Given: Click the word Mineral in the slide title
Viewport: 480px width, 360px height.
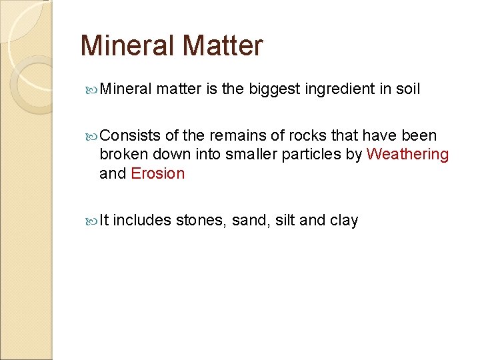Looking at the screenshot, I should tap(126, 46).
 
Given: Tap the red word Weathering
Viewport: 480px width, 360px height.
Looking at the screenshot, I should tap(408, 154).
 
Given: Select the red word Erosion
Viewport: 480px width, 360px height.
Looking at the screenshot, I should tap(157, 173).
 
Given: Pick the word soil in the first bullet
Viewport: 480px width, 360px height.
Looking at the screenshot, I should tap(408, 89).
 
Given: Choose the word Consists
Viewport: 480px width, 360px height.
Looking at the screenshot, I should tap(129, 135).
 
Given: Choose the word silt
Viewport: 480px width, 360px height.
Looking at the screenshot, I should tap(285, 220).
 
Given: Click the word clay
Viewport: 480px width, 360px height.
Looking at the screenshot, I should tap(344, 220).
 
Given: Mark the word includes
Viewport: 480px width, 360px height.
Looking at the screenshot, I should tap(142, 220).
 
